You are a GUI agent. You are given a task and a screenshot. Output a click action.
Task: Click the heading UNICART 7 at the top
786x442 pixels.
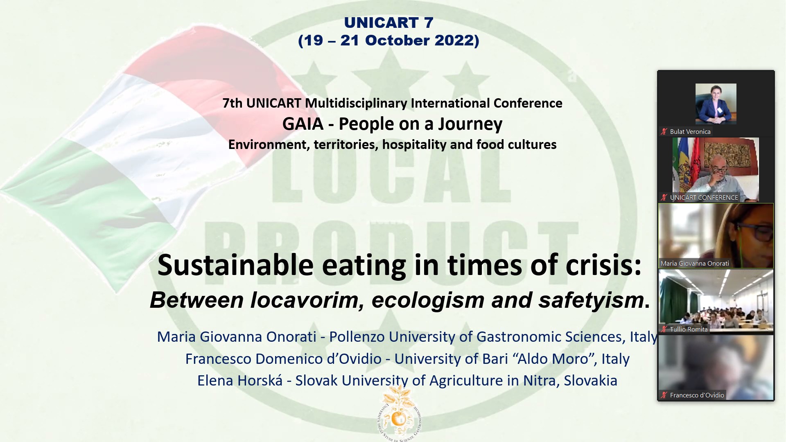388,23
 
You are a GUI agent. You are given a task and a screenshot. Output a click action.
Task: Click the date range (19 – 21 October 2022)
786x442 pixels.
388,41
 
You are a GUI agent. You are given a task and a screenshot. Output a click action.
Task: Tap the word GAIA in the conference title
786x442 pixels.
303,124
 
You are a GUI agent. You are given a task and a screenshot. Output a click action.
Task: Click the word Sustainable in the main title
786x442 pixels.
235,265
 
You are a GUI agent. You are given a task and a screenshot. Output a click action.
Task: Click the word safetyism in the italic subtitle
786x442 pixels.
592,300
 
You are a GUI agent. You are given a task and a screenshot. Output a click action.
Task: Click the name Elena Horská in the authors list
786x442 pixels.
240,381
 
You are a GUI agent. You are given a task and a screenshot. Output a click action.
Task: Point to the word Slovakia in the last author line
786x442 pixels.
590,381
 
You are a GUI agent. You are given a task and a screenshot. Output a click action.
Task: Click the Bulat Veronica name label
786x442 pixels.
690,132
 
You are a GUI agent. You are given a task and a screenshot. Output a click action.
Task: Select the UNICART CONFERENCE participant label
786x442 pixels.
704,198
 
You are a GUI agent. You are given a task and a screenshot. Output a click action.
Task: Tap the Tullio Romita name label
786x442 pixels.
689,329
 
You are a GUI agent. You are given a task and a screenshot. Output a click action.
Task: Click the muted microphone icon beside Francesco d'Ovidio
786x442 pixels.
664,395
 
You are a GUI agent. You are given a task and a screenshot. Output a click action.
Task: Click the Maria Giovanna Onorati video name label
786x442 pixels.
695,264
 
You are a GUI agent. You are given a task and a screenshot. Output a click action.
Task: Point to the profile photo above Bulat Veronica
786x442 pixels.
716,104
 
